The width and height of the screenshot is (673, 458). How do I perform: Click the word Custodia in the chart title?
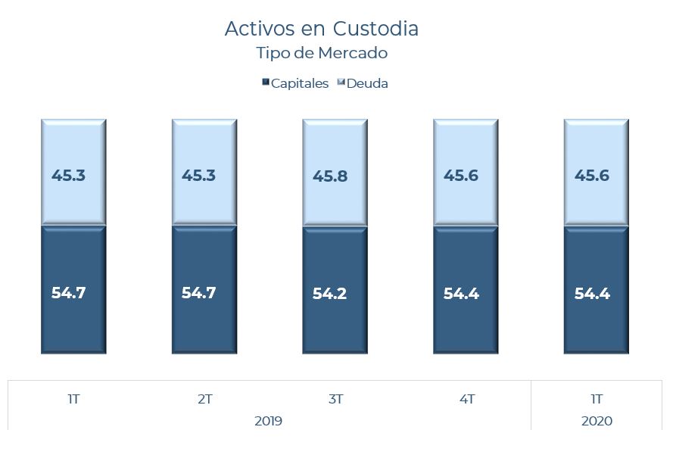[x=375, y=29]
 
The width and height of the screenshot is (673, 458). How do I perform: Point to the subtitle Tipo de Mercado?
[x=322, y=53]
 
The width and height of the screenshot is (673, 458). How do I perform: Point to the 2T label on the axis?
[x=204, y=399]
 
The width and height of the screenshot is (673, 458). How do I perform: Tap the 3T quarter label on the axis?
[x=335, y=399]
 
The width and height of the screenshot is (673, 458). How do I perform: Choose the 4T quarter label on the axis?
[x=466, y=399]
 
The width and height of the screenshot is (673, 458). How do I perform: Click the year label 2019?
[x=268, y=421]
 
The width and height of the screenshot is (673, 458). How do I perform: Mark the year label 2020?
[x=597, y=421]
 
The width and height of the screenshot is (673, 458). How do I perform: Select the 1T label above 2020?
[x=597, y=399]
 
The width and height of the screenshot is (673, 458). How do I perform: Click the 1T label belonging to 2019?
[x=73, y=399]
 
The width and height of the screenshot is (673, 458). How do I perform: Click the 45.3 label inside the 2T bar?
[x=198, y=176]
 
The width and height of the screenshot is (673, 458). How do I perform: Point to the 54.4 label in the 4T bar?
[x=461, y=294]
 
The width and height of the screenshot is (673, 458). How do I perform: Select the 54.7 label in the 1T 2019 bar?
[x=68, y=293]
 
